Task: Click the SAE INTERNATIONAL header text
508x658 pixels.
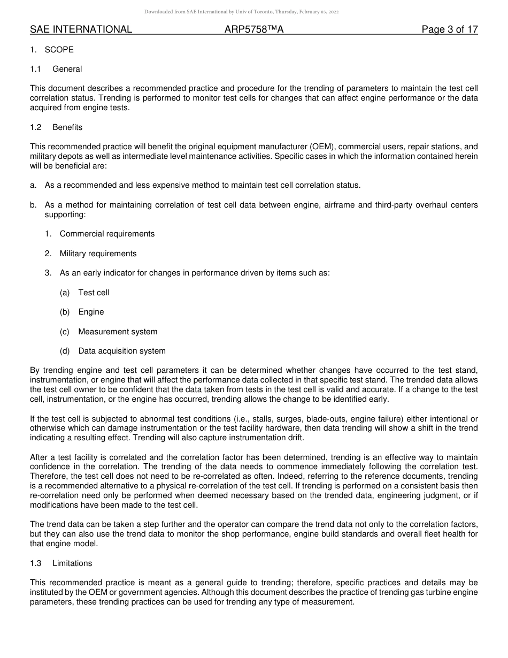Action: point(81,29)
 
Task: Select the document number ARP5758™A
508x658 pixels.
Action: point(254,29)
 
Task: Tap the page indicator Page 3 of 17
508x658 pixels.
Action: point(449,29)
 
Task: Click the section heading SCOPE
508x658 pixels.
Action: point(59,50)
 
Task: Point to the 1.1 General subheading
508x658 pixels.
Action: point(67,69)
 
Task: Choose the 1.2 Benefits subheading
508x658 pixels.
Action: point(67,127)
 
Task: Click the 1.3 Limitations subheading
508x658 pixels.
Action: point(72,563)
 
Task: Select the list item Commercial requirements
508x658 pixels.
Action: point(107,234)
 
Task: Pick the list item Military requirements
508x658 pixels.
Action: point(98,254)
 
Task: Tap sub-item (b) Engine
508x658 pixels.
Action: point(91,312)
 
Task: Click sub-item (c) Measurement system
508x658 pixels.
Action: point(118,332)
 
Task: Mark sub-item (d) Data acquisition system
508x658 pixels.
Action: point(122,351)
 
